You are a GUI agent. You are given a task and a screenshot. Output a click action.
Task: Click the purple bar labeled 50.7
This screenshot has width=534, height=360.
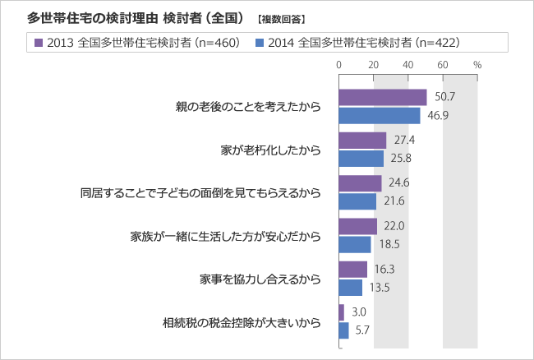(382, 98)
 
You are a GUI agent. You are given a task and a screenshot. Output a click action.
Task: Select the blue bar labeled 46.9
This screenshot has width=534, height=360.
(379, 115)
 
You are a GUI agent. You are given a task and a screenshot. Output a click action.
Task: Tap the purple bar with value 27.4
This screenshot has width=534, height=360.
(362, 141)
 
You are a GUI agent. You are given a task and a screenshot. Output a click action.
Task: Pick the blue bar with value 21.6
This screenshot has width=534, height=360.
(357, 201)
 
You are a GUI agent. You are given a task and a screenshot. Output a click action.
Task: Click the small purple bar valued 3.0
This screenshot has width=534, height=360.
(341, 312)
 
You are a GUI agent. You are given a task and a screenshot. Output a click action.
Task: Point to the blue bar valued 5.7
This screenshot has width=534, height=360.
(343, 330)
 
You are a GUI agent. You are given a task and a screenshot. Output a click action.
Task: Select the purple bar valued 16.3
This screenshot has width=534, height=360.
(352, 270)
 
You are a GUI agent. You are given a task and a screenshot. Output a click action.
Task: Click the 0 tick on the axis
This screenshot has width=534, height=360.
(339, 63)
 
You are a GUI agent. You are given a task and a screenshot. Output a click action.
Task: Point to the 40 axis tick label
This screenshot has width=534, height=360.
(408, 63)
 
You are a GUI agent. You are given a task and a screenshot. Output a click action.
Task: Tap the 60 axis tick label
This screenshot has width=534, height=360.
(443, 63)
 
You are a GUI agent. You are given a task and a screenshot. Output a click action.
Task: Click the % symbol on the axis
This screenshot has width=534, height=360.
(476, 63)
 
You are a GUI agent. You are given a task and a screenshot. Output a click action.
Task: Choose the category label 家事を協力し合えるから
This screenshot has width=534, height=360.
(260, 279)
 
